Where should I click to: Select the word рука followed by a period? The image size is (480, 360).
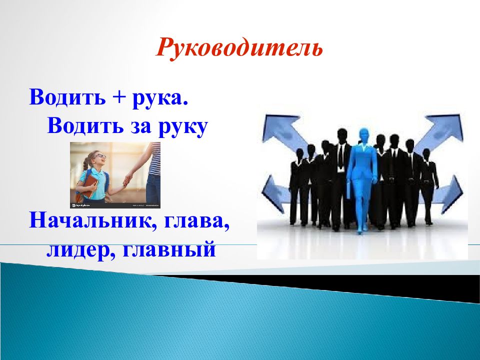point(160,98)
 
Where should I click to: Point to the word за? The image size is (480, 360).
point(141,126)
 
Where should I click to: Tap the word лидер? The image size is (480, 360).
point(81,250)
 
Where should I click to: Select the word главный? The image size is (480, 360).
point(169,249)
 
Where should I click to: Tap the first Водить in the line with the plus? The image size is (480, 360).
point(67,97)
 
